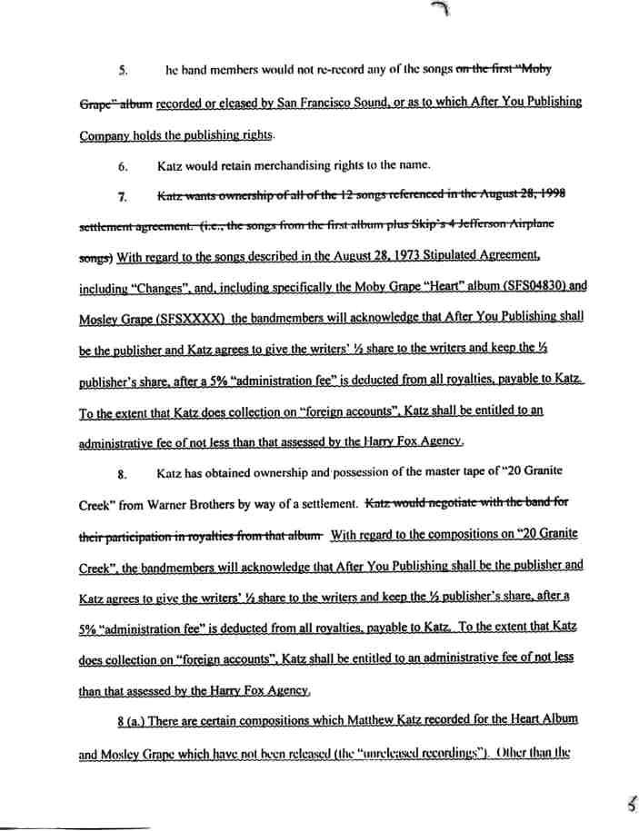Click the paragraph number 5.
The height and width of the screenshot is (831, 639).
coord(124,69)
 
